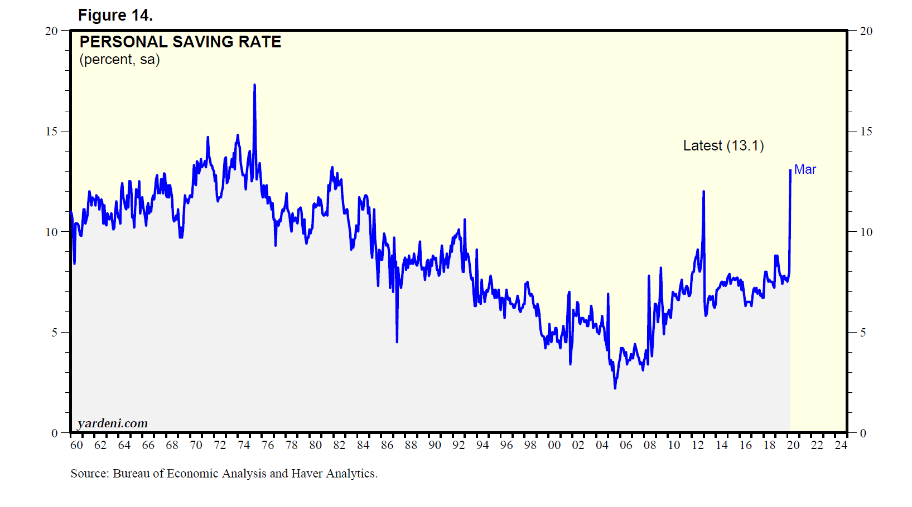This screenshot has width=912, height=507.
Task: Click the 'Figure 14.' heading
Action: click(115, 15)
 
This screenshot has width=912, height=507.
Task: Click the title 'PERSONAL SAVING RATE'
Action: click(180, 42)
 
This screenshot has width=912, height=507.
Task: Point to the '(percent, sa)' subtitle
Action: click(119, 60)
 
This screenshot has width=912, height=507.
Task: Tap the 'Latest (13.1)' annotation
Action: click(723, 145)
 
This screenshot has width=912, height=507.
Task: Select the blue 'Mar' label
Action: click(804, 169)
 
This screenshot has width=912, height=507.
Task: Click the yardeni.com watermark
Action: click(113, 423)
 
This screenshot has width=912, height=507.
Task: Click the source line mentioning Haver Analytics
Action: click(224, 474)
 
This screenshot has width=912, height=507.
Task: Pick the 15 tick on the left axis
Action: click(51, 131)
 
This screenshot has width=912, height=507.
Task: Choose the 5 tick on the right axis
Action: click(862, 333)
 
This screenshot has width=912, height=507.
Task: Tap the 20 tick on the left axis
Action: click(51, 31)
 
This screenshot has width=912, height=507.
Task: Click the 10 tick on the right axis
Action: click(866, 232)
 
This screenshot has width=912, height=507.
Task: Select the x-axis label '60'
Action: click(76, 445)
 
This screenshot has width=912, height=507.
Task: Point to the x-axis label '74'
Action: click(244, 445)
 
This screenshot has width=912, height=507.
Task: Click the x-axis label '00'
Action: click(554, 445)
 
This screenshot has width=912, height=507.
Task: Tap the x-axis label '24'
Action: click(841, 445)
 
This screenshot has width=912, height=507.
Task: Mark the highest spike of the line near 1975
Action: click(254, 85)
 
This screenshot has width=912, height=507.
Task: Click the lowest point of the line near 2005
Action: click(615, 388)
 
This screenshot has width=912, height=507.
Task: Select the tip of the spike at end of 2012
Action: click(703, 192)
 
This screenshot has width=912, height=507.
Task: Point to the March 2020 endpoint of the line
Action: click(790, 170)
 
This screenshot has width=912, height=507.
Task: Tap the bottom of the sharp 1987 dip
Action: click(397, 342)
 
